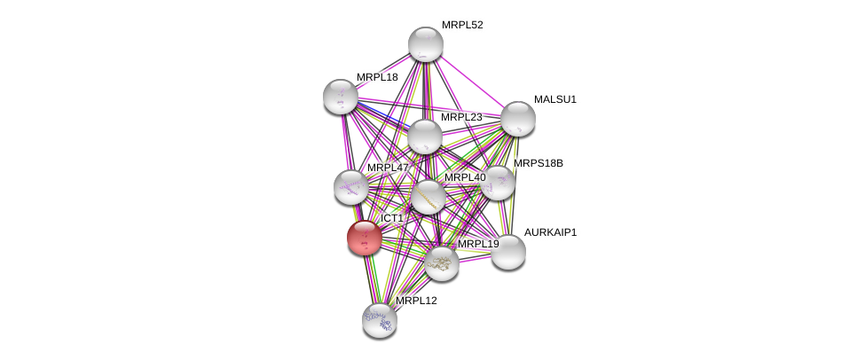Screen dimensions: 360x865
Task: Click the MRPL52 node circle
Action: coord(426,44)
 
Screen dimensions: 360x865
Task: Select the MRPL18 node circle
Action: coord(341,97)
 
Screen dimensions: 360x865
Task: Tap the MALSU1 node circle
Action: coord(517,119)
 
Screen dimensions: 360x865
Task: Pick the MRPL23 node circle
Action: coord(425,137)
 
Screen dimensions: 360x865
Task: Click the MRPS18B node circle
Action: coord(497,183)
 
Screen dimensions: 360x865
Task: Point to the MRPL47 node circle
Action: coord(351,187)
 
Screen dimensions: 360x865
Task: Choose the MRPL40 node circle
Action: coord(429,197)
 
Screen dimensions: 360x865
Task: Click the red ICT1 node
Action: coord(364,238)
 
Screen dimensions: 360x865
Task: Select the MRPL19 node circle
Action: coord(441,262)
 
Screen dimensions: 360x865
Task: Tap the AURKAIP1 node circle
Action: coord(508,252)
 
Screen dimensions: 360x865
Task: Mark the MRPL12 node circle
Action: coord(380,320)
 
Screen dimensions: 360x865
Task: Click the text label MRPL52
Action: coord(462,25)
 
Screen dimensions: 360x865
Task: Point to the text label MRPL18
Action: coord(377,77)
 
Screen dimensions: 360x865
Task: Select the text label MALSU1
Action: coord(554,99)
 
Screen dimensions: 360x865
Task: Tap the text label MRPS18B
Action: coord(538,163)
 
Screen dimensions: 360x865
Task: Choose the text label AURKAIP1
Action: coord(550,232)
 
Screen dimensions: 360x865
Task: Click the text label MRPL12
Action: coord(416,301)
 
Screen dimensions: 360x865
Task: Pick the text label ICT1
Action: coord(391,218)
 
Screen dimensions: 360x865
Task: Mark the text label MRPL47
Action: coord(388,168)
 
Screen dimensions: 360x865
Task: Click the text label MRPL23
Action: coord(461,117)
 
